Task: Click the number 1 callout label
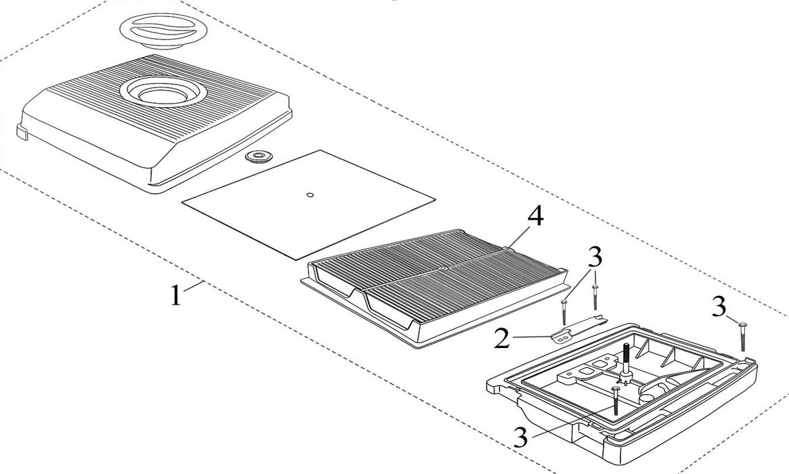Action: click(x=175, y=296)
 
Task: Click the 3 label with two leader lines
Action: click(x=595, y=258)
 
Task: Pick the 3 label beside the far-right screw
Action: click(x=719, y=308)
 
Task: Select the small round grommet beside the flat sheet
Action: click(x=257, y=158)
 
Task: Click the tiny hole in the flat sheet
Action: click(x=310, y=196)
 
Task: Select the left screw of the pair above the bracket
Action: click(x=564, y=311)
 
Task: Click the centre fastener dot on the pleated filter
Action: click(x=441, y=270)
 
